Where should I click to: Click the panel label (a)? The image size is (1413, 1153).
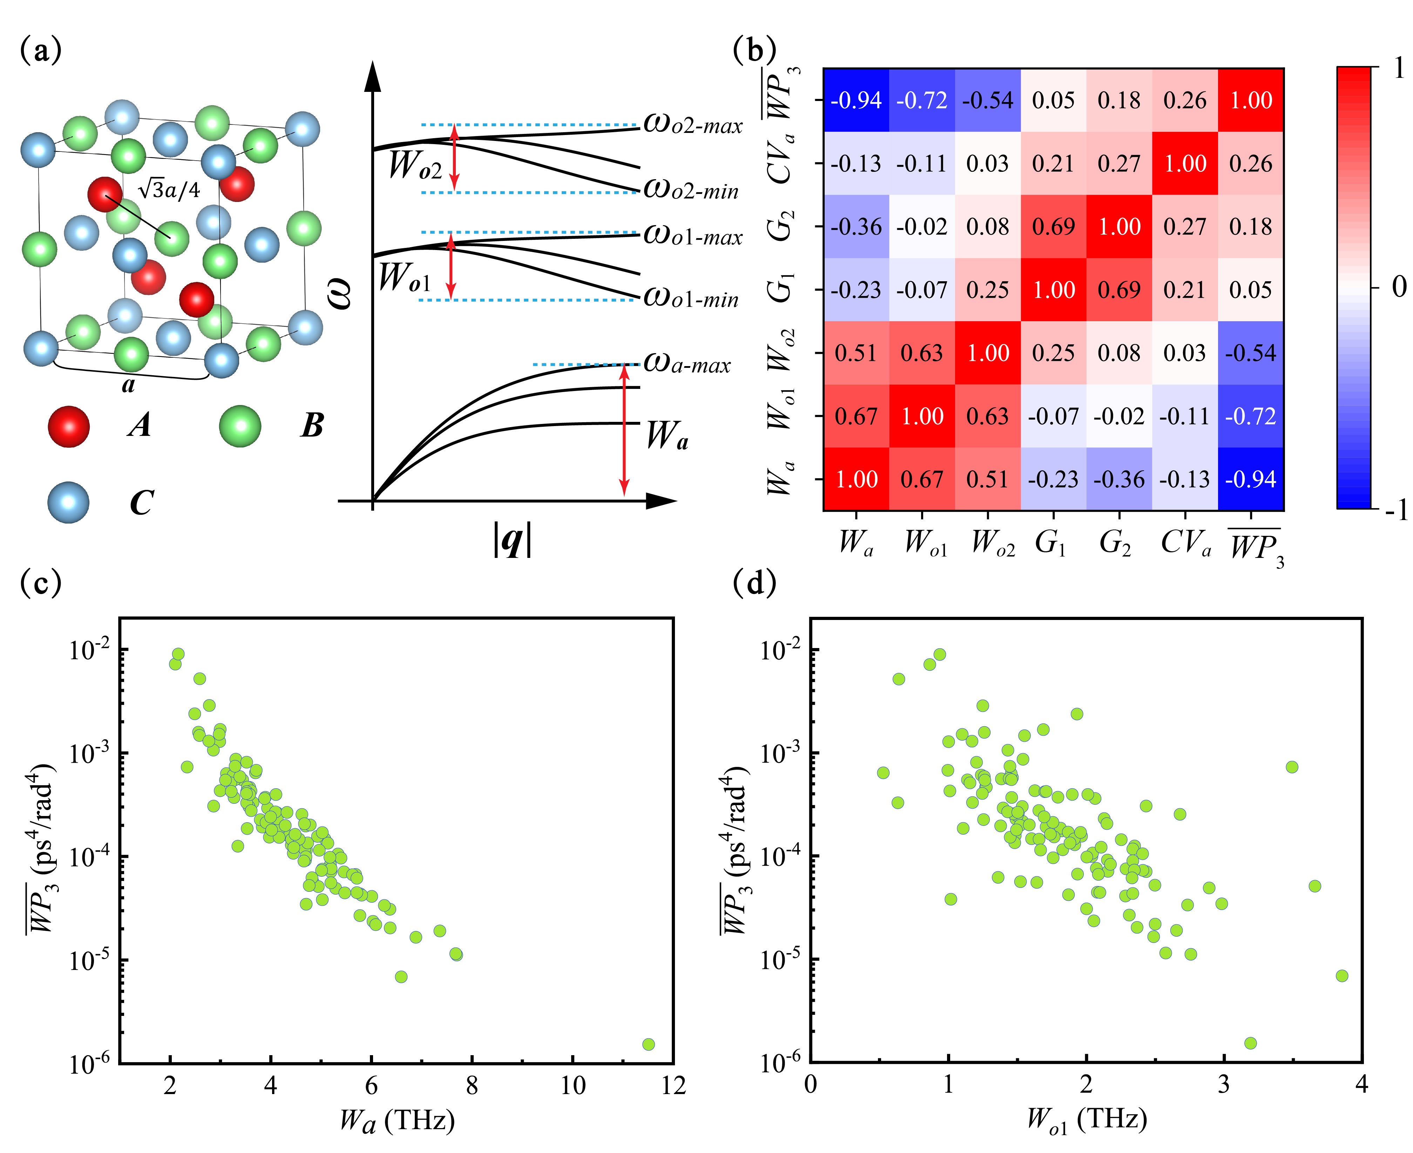point(41,50)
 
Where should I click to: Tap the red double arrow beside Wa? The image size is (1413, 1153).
point(623,430)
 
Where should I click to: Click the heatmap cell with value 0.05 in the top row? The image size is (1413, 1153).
point(1053,100)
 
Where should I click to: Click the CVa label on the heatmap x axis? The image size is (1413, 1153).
point(1186,542)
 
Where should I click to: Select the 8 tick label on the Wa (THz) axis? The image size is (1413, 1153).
point(472,1086)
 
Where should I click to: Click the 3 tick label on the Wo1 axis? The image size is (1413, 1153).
point(1224,1085)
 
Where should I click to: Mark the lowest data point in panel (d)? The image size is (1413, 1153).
point(1250,1043)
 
